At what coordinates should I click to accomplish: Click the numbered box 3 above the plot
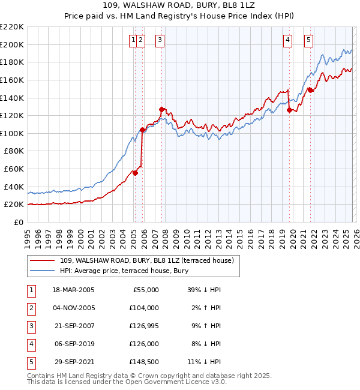(x=160, y=40)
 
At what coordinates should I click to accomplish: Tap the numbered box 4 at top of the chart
(x=288, y=40)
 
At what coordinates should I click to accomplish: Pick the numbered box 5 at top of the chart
(x=308, y=40)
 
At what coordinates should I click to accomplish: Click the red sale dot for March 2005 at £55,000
(x=136, y=173)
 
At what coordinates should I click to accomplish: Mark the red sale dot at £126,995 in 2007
(x=162, y=109)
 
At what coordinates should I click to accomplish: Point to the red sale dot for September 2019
(x=289, y=110)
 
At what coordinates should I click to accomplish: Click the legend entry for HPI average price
(x=124, y=271)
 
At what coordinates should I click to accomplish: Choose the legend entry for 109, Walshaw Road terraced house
(x=150, y=260)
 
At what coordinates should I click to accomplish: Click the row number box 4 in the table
(x=31, y=344)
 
